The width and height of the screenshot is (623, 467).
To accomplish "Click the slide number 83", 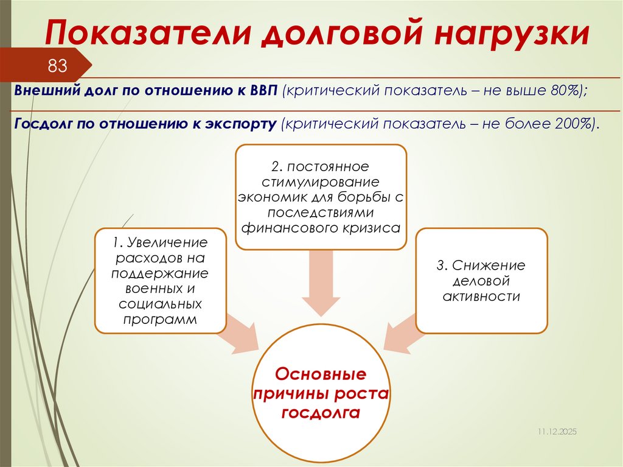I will point(57,66).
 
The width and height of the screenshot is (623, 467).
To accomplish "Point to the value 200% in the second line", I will point(573,124).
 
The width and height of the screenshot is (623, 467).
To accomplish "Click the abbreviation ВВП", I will point(263,90).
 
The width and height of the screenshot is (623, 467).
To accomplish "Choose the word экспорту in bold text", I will point(243,124).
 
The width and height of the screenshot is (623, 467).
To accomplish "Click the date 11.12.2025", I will point(556,431).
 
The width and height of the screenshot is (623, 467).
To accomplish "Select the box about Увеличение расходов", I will point(160,281).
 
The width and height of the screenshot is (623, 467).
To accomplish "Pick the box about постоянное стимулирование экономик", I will point(321,197).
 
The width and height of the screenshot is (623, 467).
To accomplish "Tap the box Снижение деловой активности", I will point(481,281).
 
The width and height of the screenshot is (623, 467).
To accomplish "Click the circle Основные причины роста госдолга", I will point(321,392).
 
